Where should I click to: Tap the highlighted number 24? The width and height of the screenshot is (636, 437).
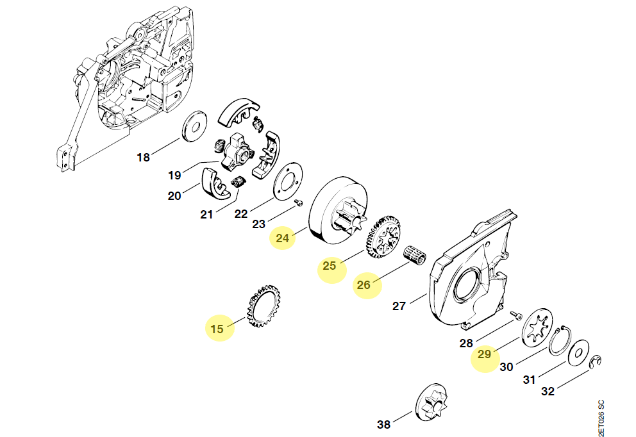click(283, 238)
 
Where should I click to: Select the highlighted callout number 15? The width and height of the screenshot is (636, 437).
click(217, 329)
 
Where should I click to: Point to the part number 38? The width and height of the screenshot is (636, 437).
click(383, 424)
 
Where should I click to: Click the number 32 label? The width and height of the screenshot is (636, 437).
click(548, 392)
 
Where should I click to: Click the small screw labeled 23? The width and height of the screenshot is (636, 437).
click(298, 203)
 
